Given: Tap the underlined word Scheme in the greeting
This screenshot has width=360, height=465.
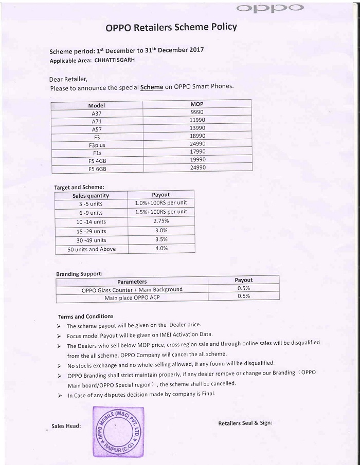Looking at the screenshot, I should (x=152, y=87).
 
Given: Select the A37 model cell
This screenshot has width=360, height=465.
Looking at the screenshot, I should (x=97, y=113).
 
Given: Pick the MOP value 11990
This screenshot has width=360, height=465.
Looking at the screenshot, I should (x=197, y=120).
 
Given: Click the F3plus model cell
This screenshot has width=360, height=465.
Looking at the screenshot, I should (x=97, y=145).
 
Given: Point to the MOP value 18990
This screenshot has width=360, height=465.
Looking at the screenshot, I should (x=197, y=136).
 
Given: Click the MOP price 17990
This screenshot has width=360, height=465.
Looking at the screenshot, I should (x=197, y=152).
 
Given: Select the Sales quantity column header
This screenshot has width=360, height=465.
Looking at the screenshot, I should (x=91, y=196).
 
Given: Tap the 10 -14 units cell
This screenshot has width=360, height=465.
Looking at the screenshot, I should (x=91, y=222).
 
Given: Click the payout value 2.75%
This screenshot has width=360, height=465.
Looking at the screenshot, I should (x=161, y=220).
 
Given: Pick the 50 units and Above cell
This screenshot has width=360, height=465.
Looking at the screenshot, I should (x=92, y=249).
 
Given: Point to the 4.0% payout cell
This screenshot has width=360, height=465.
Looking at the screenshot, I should (x=161, y=248).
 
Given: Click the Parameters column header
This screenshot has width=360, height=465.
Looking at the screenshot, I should (x=132, y=282).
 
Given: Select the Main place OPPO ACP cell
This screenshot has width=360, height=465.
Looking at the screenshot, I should (x=132, y=297).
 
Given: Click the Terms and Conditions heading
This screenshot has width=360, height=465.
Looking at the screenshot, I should (x=86, y=317).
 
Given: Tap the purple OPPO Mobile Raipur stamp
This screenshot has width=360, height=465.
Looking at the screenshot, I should (x=117, y=432).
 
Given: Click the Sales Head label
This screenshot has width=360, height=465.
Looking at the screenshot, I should (x=66, y=426).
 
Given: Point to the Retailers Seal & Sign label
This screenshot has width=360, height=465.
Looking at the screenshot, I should (x=245, y=423).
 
